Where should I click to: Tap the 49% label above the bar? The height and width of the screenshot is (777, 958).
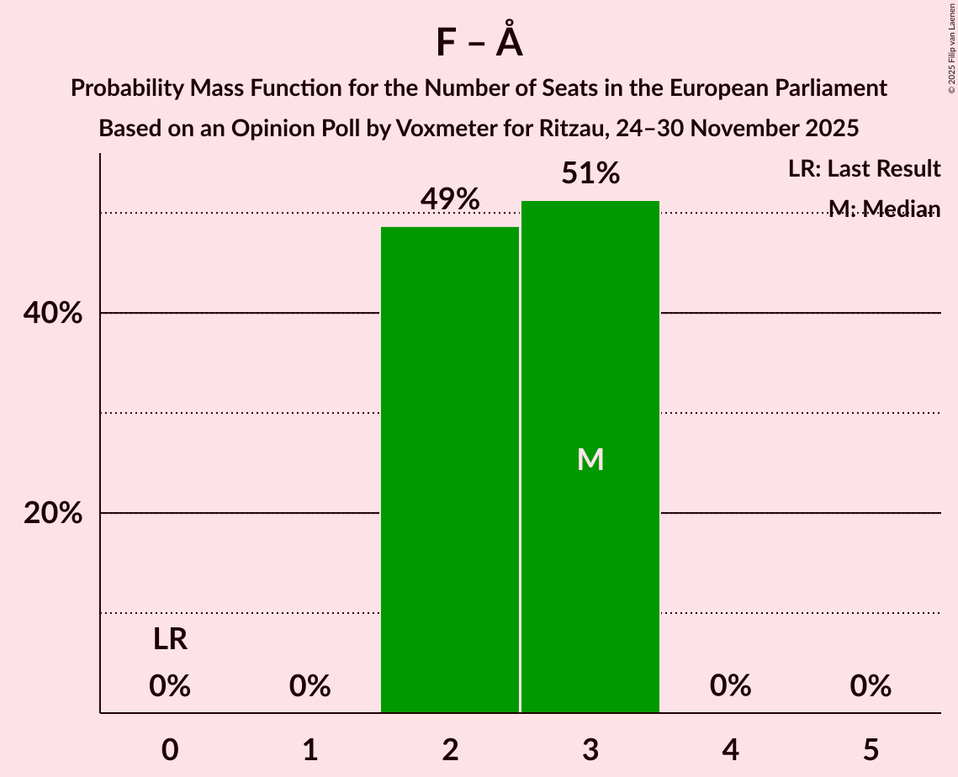click(x=450, y=199)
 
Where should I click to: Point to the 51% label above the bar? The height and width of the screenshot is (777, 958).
click(x=590, y=174)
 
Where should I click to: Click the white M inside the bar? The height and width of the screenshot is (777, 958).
click(x=590, y=459)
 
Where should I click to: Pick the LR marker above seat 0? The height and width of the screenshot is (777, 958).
click(x=170, y=640)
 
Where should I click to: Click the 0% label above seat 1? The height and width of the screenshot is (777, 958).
click(x=310, y=686)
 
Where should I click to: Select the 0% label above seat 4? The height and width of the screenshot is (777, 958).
click(x=730, y=686)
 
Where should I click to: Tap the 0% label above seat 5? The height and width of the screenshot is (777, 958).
click(x=870, y=686)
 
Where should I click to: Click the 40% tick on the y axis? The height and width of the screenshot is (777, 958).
click(x=52, y=314)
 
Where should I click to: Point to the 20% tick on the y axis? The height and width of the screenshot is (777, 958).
click(x=52, y=513)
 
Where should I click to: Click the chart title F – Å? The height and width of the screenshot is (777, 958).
click(x=479, y=43)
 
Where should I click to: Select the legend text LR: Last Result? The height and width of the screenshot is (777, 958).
click(x=864, y=169)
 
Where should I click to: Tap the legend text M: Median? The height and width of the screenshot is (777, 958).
click(x=883, y=209)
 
